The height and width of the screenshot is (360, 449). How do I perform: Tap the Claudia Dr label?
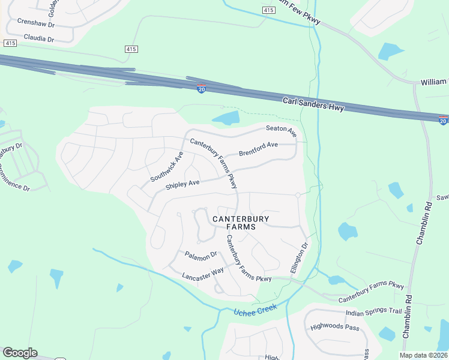[x=38, y=38]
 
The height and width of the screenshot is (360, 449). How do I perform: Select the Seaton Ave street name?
[x=282, y=130]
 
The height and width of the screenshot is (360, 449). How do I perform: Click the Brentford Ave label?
[x=258, y=149]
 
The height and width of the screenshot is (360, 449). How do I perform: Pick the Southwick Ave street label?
[x=167, y=167]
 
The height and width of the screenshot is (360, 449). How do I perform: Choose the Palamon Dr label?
[x=200, y=256]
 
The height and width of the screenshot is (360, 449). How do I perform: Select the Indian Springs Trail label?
[x=373, y=312]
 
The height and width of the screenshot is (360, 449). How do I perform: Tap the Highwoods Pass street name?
[x=335, y=328]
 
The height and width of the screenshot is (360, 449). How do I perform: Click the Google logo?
[x=20, y=353]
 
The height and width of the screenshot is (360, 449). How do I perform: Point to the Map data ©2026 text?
[x=423, y=355]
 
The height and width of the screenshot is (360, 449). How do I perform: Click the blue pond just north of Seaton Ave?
[x=226, y=118]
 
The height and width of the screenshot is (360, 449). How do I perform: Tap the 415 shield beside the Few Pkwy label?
[x=268, y=11]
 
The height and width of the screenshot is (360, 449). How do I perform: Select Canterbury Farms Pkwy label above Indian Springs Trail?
[x=371, y=292]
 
